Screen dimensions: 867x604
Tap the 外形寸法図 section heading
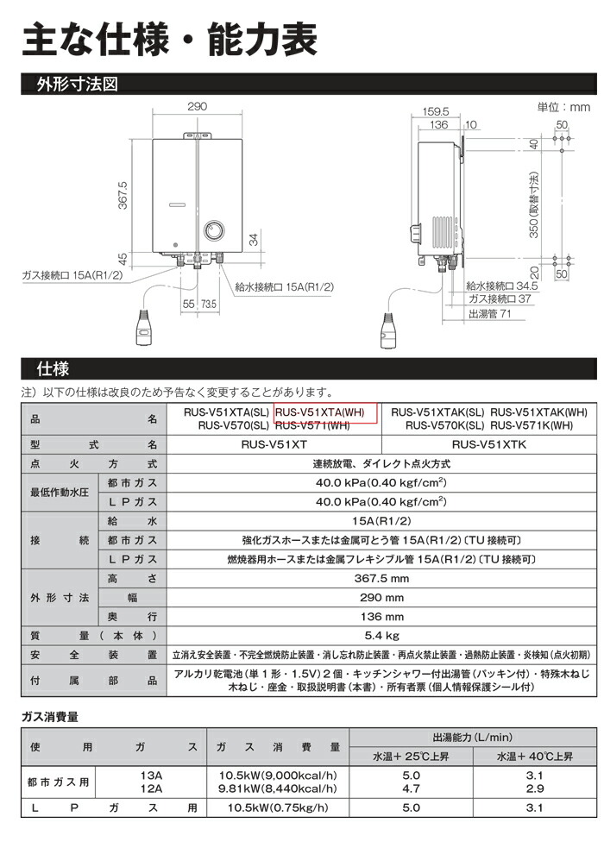(x=77, y=85)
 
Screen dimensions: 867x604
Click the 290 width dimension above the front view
(x=198, y=106)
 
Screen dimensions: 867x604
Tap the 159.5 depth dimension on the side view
(x=437, y=111)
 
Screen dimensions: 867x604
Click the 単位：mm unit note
(x=563, y=107)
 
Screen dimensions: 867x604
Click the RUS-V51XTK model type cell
(x=488, y=445)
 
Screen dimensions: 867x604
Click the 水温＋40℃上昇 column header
(x=534, y=757)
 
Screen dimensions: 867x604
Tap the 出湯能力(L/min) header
(x=472, y=738)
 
